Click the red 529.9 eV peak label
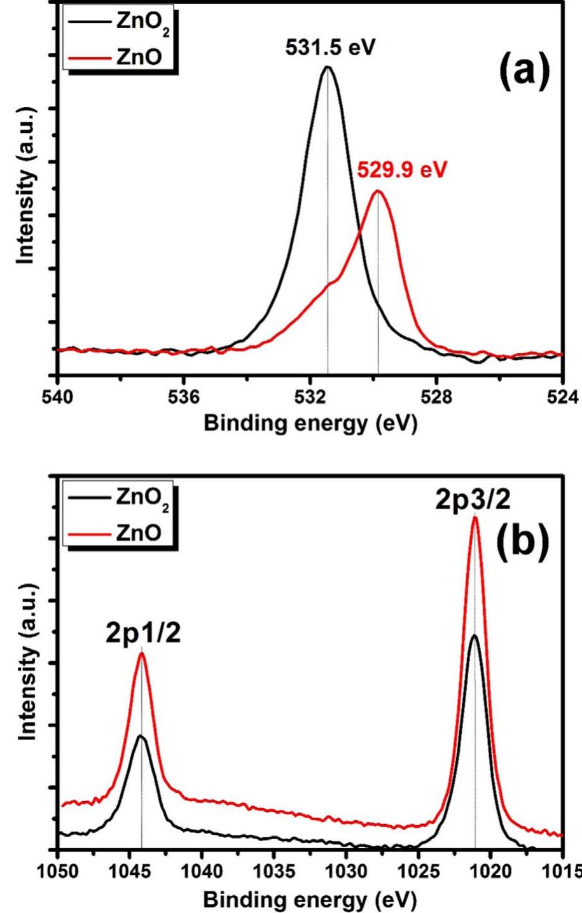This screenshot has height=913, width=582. tap(402, 170)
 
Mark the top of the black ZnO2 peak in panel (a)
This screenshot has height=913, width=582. tap(328, 67)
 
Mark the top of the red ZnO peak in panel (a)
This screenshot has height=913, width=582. tap(378, 191)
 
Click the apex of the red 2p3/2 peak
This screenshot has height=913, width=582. tap(475, 517)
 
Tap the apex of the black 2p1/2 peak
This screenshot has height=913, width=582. tap(141, 736)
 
